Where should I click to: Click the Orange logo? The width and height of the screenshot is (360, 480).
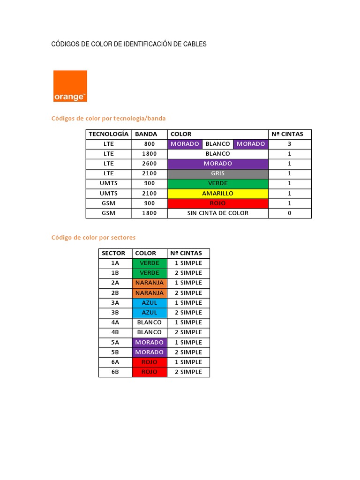(x=70, y=86)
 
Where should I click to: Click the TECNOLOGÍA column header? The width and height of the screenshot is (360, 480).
(x=109, y=134)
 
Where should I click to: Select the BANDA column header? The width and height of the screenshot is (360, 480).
(x=146, y=134)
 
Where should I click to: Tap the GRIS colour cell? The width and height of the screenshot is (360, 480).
(x=218, y=173)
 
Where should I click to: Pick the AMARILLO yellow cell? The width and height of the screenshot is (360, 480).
(x=218, y=193)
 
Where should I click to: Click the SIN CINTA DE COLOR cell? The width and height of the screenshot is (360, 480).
(x=218, y=213)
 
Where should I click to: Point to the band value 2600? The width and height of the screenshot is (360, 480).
(x=149, y=164)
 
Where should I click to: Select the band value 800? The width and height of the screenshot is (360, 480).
(x=149, y=144)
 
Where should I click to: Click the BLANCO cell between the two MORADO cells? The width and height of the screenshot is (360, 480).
(x=217, y=144)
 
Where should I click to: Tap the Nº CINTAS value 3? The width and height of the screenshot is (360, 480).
(x=290, y=144)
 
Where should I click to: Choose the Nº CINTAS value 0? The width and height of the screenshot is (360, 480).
(x=290, y=213)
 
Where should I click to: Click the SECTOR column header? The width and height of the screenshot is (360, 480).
(x=113, y=253)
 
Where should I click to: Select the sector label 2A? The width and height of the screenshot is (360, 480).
(x=115, y=283)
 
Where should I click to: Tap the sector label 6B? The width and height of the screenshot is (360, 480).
(x=115, y=372)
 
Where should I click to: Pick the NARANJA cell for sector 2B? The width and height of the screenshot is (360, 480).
(x=150, y=292)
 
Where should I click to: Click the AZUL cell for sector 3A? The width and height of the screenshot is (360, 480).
(x=150, y=303)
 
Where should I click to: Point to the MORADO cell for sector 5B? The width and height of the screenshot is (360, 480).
(x=150, y=352)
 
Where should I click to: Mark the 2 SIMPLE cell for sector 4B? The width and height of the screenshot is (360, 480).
(x=188, y=332)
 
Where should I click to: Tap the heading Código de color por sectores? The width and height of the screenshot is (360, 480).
(x=93, y=238)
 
